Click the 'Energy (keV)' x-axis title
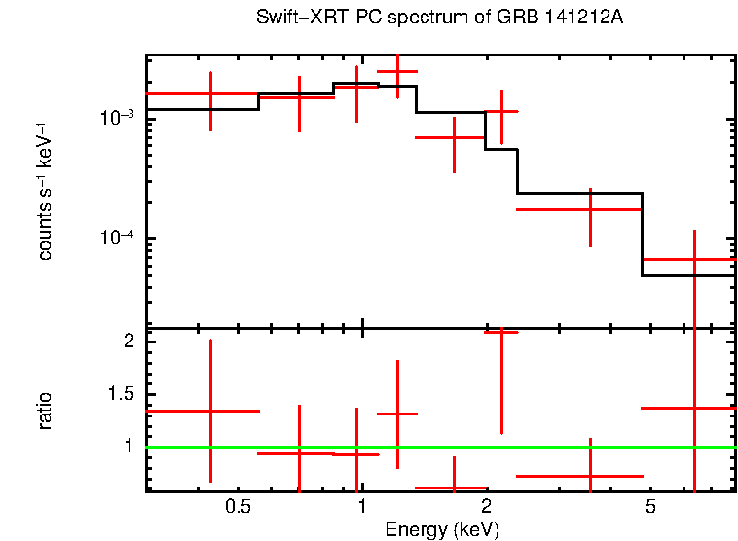(442, 529)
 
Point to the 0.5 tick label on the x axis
(237, 508)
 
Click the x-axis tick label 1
(361, 508)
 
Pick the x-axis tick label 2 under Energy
(486, 508)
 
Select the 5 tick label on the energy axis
(650, 508)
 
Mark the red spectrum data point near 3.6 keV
(591, 209)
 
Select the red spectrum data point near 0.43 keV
(210, 94)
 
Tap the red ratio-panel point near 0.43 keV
(210, 411)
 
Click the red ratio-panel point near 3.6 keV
(591, 476)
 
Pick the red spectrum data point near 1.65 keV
(454, 137)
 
